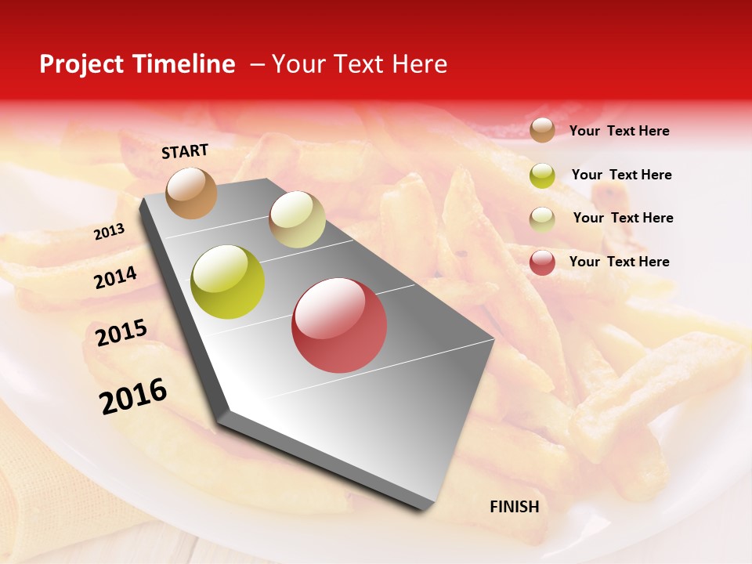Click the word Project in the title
pos(81,64)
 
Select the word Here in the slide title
pos(418,64)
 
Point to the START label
pos(185,151)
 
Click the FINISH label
pos(514,507)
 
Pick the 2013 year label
pos(110,232)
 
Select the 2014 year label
pos(116,278)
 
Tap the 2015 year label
pos(121,333)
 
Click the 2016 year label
pos(133,396)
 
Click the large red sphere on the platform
pos(339,325)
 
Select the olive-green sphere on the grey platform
pos(228,282)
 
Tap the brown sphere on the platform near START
pos(192,193)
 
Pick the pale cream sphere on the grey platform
pos(297,219)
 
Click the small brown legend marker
pos(542,130)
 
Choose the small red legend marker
pos(542,262)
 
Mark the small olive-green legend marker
pos(542,175)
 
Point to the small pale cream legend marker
pos(542,219)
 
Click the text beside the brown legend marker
pos(619,131)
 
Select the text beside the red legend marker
pos(619,262)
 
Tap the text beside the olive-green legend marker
pos(621,175)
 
